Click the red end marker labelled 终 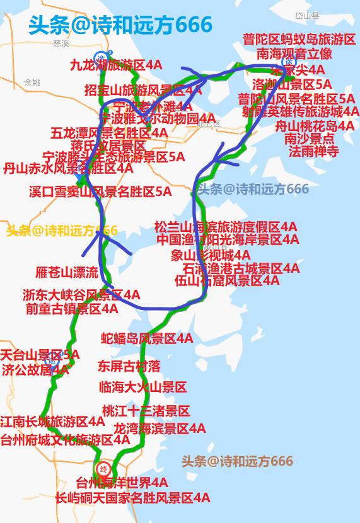(x=103, y=468)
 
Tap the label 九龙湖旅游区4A (x=115, y=65)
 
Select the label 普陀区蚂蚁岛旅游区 (x=299, y=40)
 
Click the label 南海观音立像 (x=294, y=54)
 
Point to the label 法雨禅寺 (x=313, y=151)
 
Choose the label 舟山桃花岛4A (x=314, y=125)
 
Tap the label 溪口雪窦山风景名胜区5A (x=100, y=192)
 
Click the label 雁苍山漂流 (x=67, y=272)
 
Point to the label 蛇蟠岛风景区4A (x=147, y=339)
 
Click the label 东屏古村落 (x=129, y=365)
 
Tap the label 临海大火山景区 (x=143, y=386)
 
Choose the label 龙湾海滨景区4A (x=160, y=428)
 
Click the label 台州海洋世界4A (x=122, y=483)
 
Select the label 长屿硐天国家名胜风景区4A (x=132, y=498)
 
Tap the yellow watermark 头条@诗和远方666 (x=62, y=231)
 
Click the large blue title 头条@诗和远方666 (x=120, y=25)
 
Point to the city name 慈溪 (x=61, y=43)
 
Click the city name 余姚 (x=32, y=83)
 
